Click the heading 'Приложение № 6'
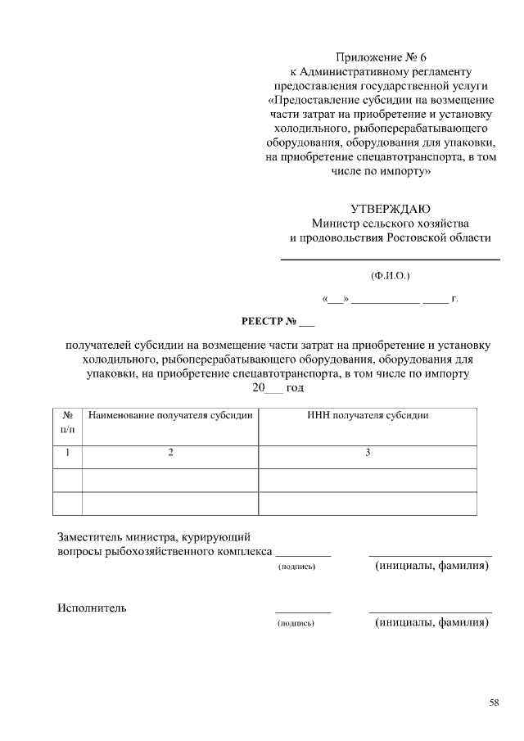pos(382,57)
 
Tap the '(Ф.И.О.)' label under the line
pos(391,277)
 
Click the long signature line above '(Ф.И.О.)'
pos(391,260)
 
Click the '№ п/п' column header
pos(68,421)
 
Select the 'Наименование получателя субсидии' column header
pos(170,415)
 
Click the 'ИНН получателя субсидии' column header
pos(368,415)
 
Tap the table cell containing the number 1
pos(68,453)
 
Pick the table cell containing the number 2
pos(170,453)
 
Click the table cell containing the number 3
pos(368,453)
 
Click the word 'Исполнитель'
pos(92,608)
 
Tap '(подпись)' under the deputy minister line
pos(296,567)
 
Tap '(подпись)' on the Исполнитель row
pos(296,623)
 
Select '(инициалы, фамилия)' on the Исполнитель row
pos(431,622)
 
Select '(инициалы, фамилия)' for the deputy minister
pos(431,566)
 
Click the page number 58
pos(494,702)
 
